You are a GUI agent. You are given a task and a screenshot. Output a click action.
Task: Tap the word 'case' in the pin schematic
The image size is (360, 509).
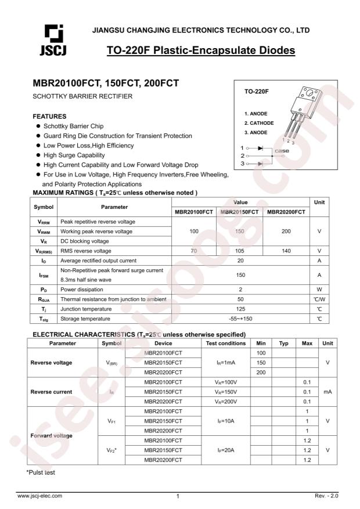click(282, 151)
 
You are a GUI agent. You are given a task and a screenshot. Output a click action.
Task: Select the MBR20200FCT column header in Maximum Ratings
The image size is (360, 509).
click(286, 211)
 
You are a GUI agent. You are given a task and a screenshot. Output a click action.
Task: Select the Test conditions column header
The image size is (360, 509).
click(225, 344)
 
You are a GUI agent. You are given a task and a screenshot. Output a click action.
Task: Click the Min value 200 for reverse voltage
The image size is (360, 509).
click(261, 372)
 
